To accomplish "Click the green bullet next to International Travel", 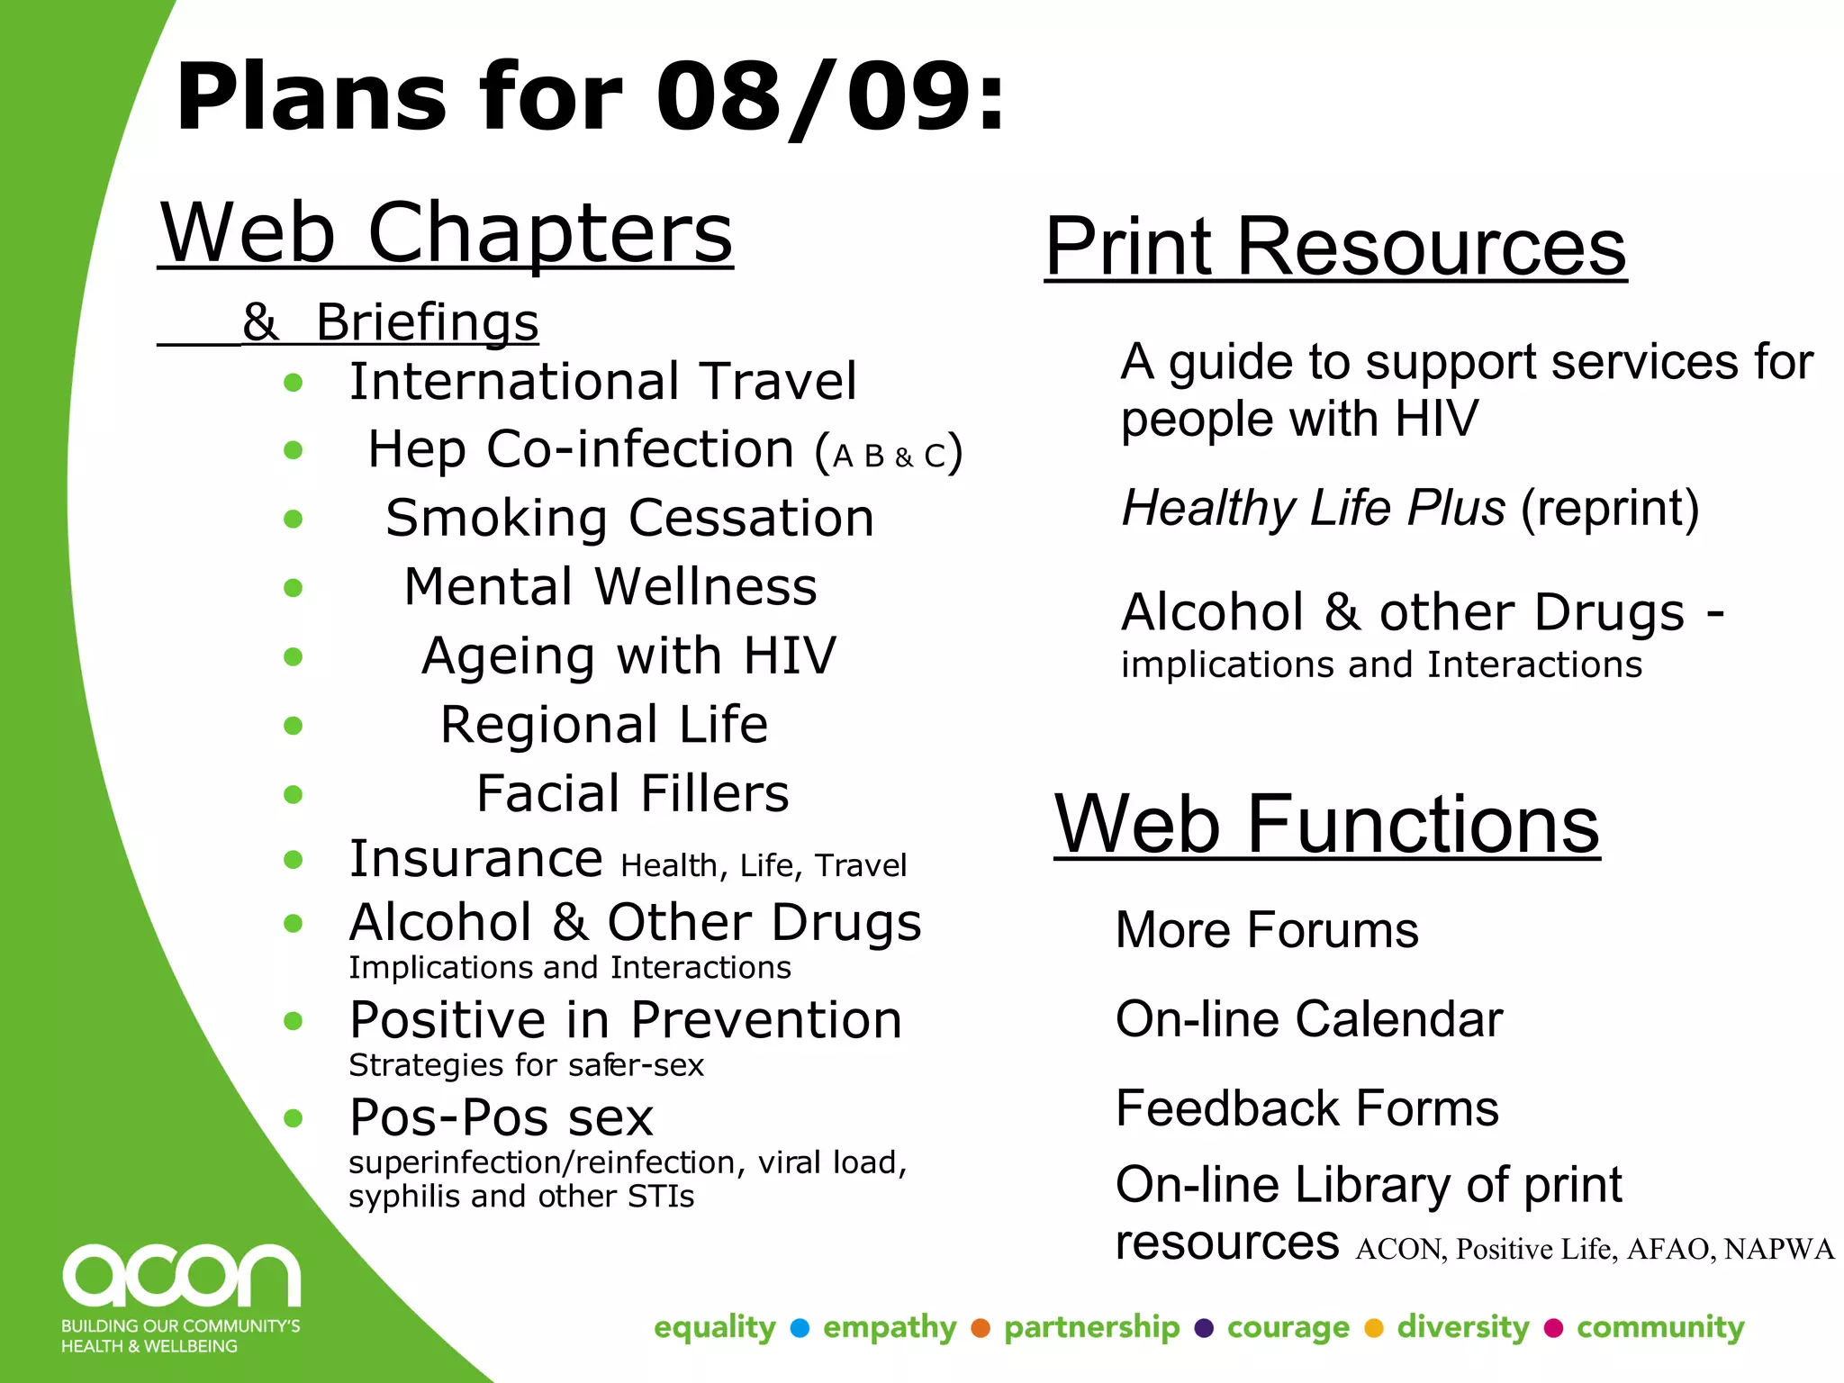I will (293, 383).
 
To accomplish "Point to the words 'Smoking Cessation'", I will (629, 518).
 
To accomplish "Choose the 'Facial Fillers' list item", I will (632, 793).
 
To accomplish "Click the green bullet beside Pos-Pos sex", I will (293, 1118).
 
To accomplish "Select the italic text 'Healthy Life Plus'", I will (1313, 508).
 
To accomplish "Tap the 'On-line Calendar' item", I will (1308, 1019).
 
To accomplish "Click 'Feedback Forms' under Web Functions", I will (1306, 1108).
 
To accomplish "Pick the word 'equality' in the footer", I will (714, 1327).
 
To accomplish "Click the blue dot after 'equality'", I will (800, 1328).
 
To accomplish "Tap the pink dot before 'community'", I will (1553, 1328).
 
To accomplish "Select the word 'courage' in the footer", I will (1288, 1327).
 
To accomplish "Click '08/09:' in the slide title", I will (829, 96).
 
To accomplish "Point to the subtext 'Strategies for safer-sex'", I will (526, 1065).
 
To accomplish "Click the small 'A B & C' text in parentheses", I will (889, 456).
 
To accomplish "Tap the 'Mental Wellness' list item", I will (610, 587).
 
